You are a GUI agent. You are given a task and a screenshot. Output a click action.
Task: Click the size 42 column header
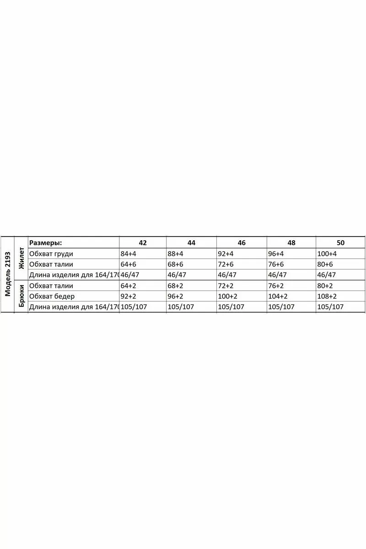[x=143, y=243]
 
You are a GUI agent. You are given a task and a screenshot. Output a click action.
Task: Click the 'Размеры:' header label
[x=45, y=243]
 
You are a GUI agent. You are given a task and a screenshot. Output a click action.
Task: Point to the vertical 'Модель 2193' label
[x=7, y=274]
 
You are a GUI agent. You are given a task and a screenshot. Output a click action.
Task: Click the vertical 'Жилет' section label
[x=21, y=258]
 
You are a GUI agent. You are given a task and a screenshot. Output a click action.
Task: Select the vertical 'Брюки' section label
[x=21, y=296]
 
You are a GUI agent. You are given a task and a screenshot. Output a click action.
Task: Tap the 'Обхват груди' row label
[x=51, y=254]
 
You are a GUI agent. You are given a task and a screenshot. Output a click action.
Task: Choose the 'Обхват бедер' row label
[x=52, y=296]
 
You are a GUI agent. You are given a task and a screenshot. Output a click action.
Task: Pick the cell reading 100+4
[x=327, y=254]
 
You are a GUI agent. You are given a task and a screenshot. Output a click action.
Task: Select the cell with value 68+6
[x=177, y=264]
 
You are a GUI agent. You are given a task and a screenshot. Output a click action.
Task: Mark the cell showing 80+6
[x=325, y=264]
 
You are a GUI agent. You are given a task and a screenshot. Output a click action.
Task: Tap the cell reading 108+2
[x=327, y=296]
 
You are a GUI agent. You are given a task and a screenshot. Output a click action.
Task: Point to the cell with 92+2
[x=129, y=296]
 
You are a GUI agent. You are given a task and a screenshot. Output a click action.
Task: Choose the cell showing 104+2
[x=278, y=296]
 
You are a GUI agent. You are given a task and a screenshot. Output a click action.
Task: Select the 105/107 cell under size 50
[x=330, y=307]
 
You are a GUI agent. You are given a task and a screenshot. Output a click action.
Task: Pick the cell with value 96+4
[x=276, y=254]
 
